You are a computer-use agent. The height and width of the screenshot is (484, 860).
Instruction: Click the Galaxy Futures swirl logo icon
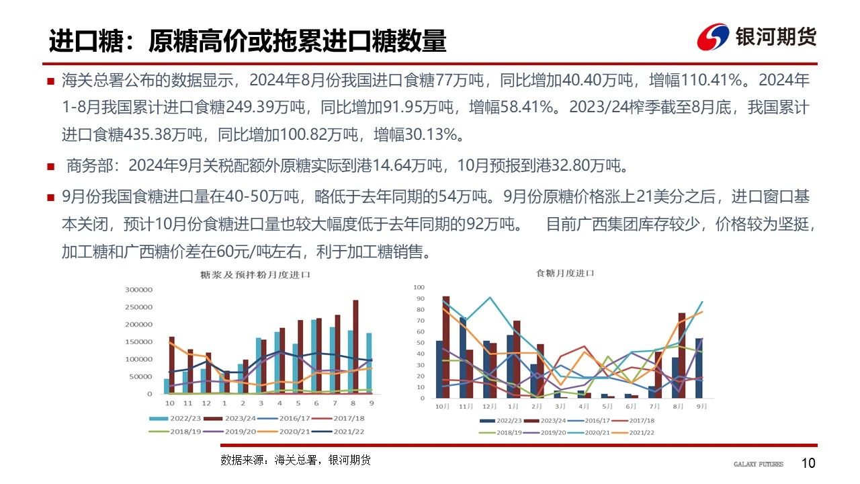click(712, 37)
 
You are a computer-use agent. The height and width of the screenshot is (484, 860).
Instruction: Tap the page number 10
click(808, 463)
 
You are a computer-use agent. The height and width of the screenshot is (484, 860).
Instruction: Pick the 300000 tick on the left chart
click(139, 290)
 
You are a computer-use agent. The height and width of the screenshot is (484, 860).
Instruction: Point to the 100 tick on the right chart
click(419, 287)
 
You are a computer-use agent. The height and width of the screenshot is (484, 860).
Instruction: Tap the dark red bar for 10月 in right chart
click(446, 347)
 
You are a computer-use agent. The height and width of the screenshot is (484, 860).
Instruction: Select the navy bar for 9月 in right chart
click(699, 368)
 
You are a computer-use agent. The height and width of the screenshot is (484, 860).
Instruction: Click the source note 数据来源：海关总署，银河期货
click(296, 460)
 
